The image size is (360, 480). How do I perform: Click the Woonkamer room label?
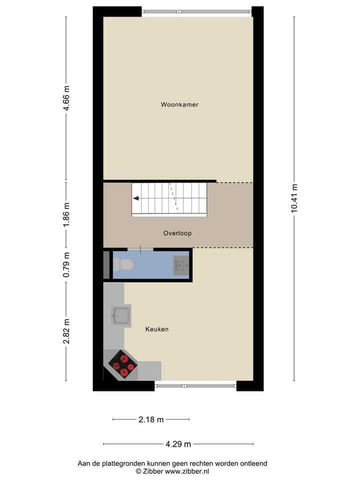179,104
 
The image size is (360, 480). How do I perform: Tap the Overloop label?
177,233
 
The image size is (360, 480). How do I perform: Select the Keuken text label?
157,329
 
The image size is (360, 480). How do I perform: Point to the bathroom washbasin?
180,265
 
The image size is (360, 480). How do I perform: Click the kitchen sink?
121,315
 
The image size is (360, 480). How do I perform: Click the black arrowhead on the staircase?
136,198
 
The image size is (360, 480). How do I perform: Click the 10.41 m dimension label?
294,198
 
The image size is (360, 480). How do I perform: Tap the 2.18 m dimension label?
151,419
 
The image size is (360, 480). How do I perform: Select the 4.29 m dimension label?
178,443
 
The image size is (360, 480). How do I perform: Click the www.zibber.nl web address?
187,471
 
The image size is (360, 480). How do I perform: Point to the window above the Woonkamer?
196,11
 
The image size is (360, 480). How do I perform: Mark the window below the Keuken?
195,385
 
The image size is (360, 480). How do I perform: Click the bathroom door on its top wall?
140,249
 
